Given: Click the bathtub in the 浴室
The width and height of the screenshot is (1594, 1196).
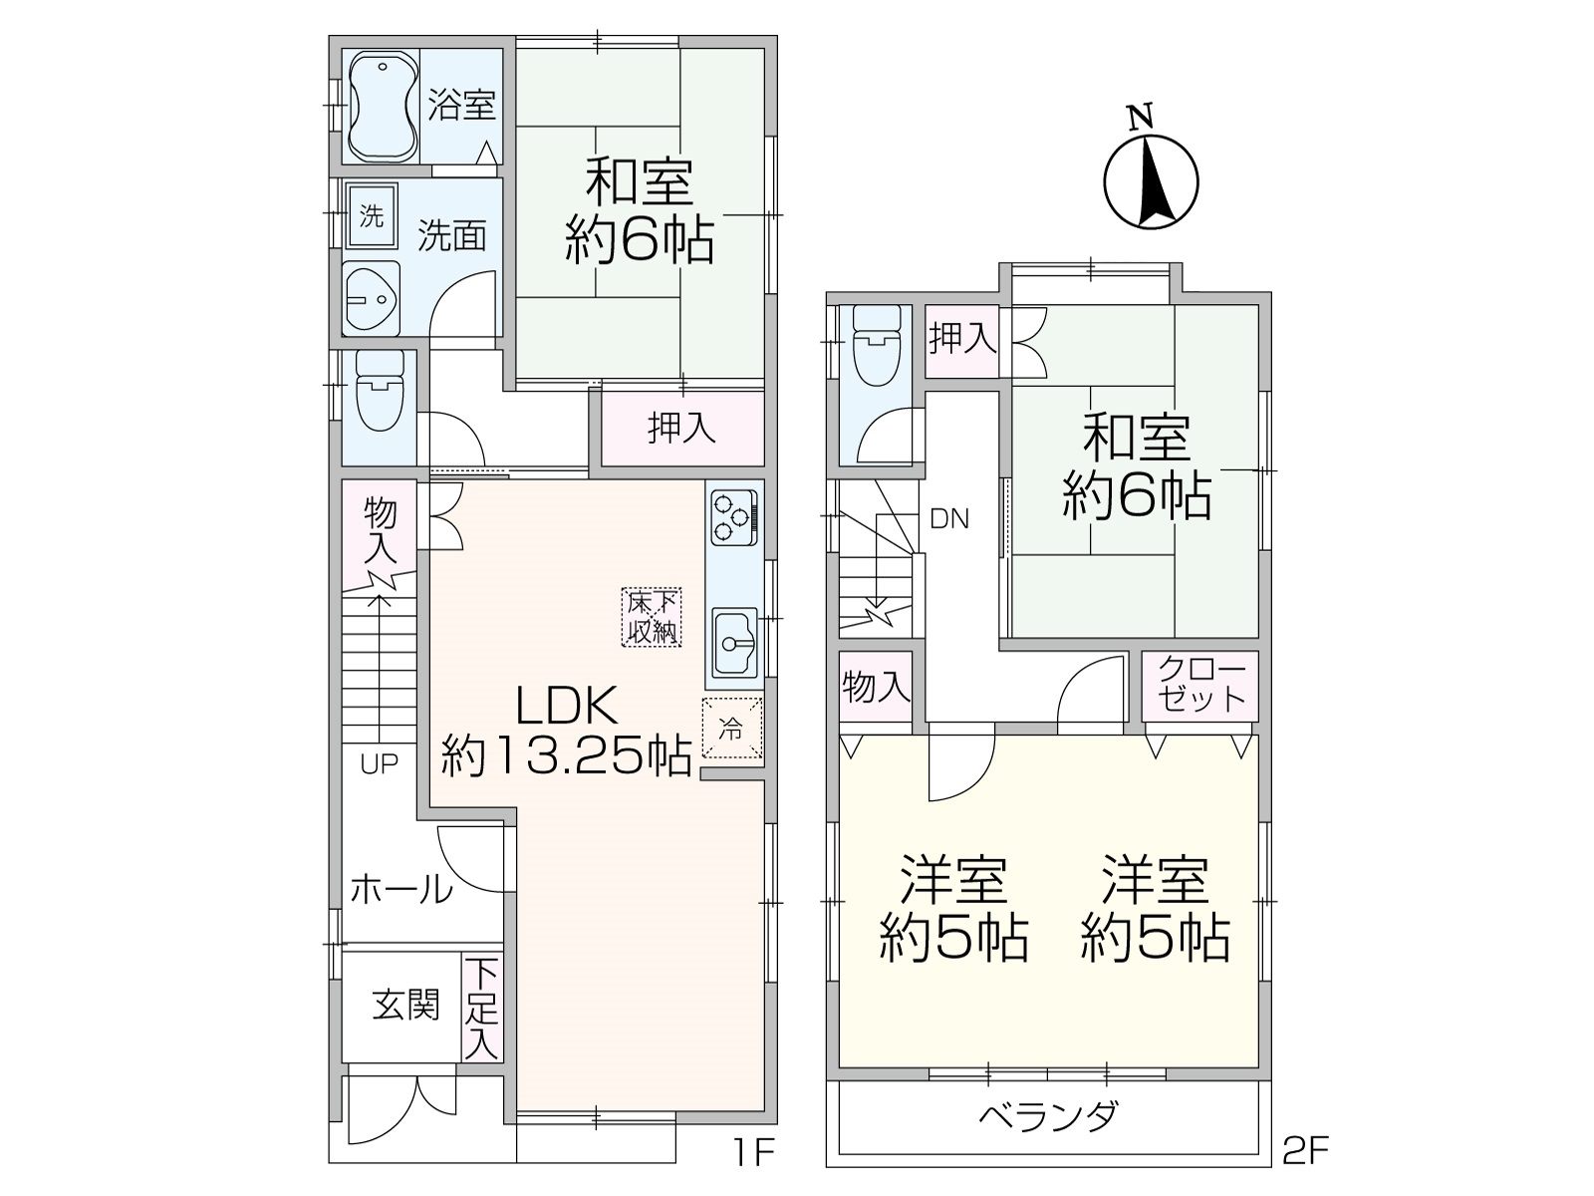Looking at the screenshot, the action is (384, 106).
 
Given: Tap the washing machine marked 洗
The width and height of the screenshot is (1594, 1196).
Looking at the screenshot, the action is (371, 215).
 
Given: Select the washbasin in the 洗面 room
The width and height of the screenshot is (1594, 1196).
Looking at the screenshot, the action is (371, 298).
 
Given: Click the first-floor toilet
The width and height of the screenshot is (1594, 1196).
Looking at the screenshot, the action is (380, 392).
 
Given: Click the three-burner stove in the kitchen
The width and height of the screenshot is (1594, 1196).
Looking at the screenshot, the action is (733, 517).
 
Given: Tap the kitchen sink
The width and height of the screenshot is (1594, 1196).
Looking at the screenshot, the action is (735, 640).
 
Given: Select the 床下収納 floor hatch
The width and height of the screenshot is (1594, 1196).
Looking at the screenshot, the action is (652, 617).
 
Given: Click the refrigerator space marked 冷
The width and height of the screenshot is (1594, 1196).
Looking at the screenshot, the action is (732, 729).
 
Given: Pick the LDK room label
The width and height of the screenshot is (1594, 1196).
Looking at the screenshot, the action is (567, 705).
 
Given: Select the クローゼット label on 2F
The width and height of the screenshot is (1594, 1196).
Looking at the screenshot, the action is (1201, 684).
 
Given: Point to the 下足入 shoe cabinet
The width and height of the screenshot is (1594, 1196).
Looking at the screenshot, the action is (482, 1011).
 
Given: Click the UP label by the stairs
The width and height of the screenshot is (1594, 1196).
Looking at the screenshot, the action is (380, 763).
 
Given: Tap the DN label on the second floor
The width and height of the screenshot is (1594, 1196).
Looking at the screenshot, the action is (949, 518).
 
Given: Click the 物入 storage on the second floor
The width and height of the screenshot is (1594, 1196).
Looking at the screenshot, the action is (875, 687).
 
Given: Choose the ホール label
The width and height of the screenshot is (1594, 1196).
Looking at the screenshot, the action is (401, 890).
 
